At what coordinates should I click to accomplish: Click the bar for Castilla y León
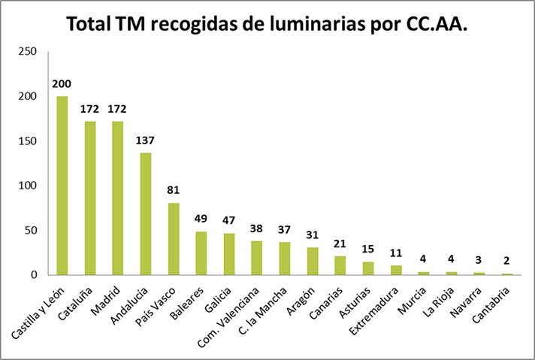62,186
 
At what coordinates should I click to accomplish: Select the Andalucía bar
145,214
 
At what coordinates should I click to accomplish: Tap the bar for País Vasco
173,239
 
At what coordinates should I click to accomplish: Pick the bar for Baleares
201,253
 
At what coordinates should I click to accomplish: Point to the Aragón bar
312,262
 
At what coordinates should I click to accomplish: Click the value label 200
62,83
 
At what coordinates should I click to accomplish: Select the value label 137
145,140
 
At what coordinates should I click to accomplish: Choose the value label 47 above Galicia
228,220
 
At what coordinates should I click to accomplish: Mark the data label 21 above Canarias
340,244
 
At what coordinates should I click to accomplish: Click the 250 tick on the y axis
28,52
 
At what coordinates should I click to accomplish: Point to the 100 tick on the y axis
28,186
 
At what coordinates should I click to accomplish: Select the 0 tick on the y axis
34,275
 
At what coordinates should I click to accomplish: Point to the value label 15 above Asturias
367,249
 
